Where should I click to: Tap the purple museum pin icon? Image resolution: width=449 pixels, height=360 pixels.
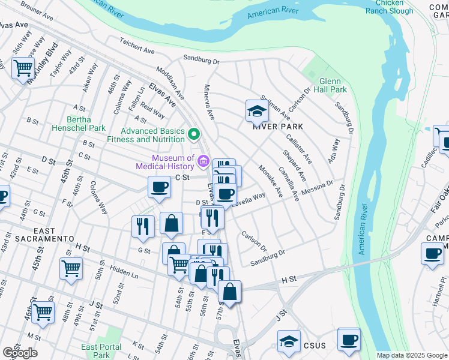click(x=203, y=161)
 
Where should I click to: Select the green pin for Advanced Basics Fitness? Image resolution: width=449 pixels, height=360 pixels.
click(x=193, y=133)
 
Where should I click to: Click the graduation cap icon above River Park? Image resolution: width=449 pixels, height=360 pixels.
click(x=256, y=111)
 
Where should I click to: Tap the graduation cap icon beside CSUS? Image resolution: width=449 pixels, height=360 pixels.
click(x=289, y=341)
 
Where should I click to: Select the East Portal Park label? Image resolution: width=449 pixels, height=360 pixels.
click(x=101, y=351)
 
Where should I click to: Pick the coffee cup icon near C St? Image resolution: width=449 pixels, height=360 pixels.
click(x=159, y=187)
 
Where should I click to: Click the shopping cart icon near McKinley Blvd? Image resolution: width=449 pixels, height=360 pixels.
click(x=23, y=68)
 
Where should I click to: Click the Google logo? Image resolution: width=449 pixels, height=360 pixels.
click(x=20, y=353)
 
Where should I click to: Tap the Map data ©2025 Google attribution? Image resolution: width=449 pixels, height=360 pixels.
click(x=412, y=355)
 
